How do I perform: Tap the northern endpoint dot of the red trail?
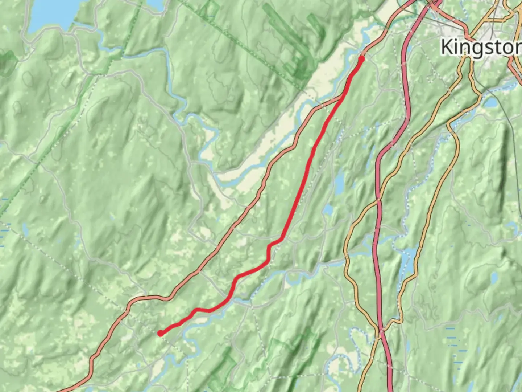pos(361,58)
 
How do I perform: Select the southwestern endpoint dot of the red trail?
pos(160,333)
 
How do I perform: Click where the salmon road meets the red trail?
pos(341,97)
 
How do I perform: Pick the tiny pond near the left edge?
pos(25,229)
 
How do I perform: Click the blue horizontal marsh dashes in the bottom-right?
pos(453,341)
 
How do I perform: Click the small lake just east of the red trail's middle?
pos(339,184)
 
